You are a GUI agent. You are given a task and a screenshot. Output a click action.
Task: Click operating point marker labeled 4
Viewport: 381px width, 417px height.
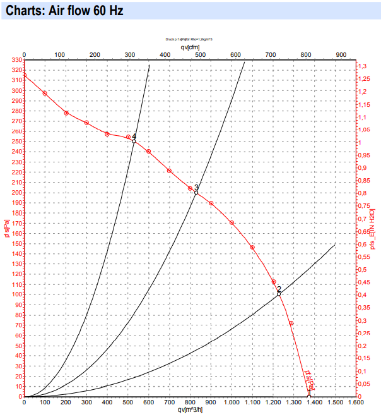(134, 141)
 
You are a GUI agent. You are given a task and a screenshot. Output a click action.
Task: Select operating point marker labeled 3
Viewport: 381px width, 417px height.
(196, 193)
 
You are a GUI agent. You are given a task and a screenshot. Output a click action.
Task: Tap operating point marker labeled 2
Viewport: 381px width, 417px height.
(279, 294)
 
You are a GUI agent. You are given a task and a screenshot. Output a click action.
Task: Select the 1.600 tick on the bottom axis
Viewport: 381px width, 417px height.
(356, 402)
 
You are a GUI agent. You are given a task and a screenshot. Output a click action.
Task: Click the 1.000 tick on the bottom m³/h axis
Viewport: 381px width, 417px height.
(232, 402)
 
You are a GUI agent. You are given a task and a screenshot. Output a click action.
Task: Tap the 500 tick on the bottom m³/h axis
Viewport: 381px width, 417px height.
(128, 402)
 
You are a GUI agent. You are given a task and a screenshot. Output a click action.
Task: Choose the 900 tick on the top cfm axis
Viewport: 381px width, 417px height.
(342, 55)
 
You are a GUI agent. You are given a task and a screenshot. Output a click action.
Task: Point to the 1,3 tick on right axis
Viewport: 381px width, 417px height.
(363, 66)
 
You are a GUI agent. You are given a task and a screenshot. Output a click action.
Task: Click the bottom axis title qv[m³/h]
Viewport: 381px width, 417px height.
(190, 409)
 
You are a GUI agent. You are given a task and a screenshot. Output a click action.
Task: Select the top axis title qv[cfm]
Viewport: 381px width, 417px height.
(190, 47)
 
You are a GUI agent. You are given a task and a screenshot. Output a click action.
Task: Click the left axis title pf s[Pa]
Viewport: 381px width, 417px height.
(6, 228)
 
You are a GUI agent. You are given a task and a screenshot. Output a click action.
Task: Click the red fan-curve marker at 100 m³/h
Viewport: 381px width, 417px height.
(45, 94)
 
